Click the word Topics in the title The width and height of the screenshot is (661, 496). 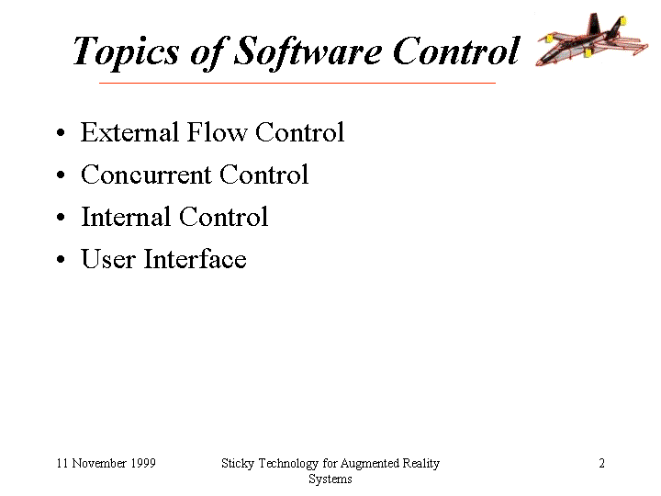[x=126, y=52]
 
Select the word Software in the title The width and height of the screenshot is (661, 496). [x=308, y=52]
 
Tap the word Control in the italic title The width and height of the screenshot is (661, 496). [x=456, y=51]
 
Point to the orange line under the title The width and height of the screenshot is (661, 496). [x=297, y=83]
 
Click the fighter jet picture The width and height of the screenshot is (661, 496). [x=591, y=39]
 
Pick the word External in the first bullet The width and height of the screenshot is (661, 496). [x=129, y=132]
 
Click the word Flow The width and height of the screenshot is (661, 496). [x=217, y=132]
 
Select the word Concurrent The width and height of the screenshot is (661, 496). [x=146, y=175]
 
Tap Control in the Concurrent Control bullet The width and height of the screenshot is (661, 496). [x=263, y=175]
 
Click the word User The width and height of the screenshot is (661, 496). [x=108, y=259]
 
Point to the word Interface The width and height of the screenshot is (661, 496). [x=195, y=258]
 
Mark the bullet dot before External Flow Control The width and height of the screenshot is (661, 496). [x=61, y=133]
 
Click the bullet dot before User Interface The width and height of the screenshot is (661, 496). [x=61, y=259]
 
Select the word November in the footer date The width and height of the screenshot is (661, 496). [x=99, y=463]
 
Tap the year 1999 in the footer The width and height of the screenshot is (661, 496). [x=143, y=463]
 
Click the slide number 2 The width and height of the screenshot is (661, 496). [x=601, y=463]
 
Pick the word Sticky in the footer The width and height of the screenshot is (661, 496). [x=238, y=464]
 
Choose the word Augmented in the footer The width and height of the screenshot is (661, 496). [x=369, y=464]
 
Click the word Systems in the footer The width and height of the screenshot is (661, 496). [x=330, y=479]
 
